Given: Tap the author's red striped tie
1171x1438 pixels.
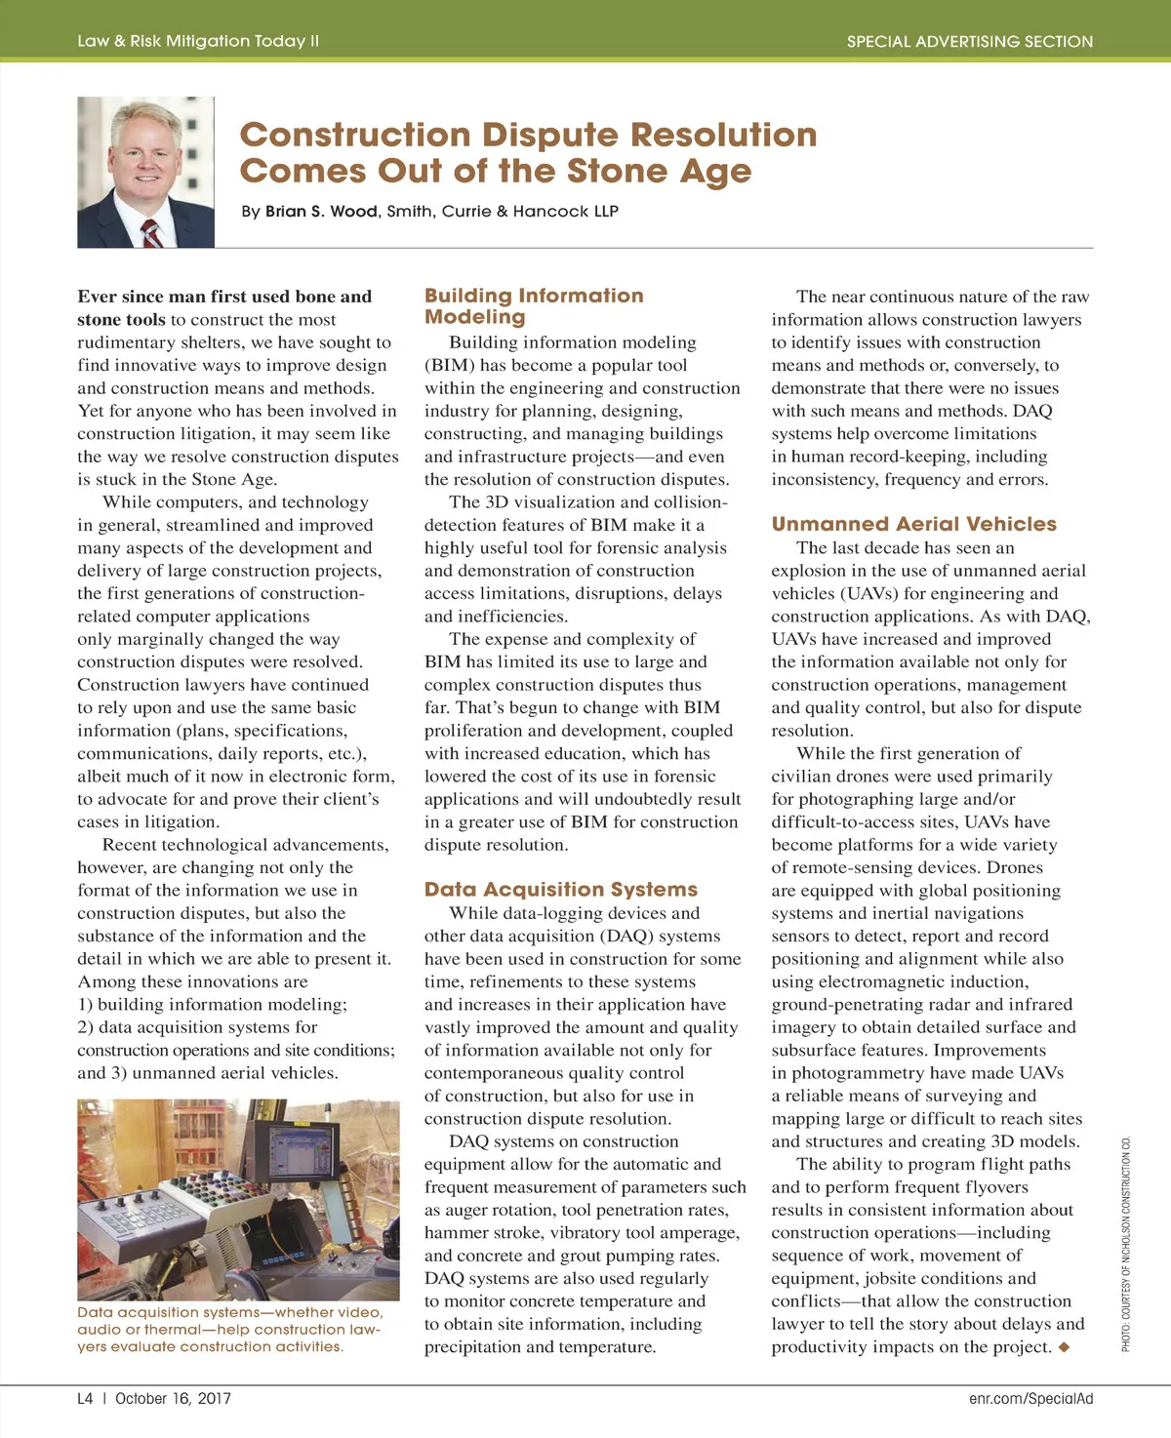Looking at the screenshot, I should [x=151, y=233].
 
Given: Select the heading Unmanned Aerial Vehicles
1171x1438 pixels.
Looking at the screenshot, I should [x=913, y=524].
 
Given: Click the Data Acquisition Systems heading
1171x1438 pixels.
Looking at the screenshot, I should [x=561, y=890].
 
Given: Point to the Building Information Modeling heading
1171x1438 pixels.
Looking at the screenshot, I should [x=534, y=305].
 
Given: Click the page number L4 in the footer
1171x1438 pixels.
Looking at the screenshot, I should [x=86, y=1398].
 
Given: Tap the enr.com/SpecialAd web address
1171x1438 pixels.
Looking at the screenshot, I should [x=1030, y=1398].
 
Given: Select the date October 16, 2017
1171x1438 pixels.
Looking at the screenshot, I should [x=173, y=1398].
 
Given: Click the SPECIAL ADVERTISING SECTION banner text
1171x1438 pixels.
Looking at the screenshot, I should [x=969, y=42].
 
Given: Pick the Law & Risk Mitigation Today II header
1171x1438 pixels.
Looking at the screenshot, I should [x=198, y=41].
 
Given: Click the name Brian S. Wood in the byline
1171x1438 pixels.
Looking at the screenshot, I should [x=321, y=212].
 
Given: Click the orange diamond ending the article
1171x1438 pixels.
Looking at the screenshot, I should [x=1064, y=1347].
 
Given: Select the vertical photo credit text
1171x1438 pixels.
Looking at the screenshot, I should [x=1126, y=1244].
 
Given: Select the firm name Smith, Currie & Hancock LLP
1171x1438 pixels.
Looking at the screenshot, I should [x=503, y=212].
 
